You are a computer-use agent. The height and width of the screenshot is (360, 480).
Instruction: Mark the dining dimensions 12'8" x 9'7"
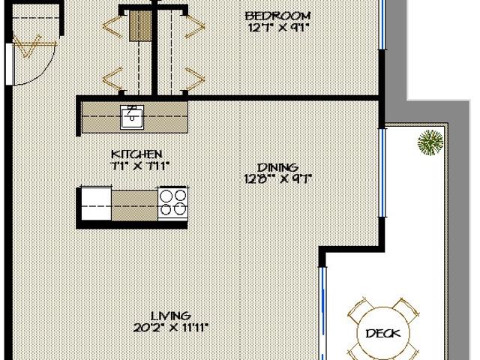tap(277, 178)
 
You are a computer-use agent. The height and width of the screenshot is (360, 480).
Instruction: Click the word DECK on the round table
tap(382, 334)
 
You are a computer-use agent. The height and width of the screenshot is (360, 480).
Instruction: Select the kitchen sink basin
tap(133, 116)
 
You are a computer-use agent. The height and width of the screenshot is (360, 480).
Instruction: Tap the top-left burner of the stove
tap(166, 196)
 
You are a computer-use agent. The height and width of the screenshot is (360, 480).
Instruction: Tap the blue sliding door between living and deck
tap(323, 315)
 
